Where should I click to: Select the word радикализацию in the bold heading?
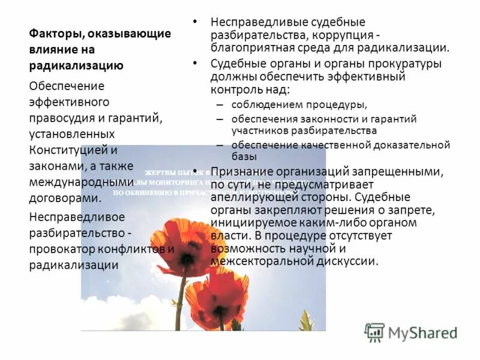click(76, 66)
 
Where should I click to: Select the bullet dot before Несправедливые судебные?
click(195, 21)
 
